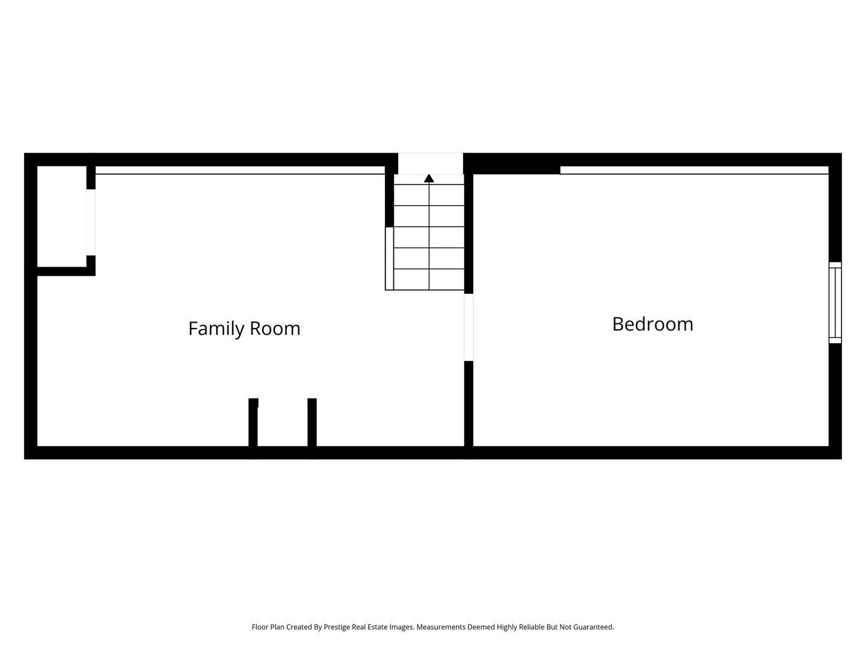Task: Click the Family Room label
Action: click(x=244, y=329)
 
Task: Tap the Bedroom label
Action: click(x=653, y=324)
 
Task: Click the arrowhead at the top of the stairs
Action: click(x=429, y=178)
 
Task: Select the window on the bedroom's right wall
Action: click(x=835, y=303)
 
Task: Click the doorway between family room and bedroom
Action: click(x=468, y=327)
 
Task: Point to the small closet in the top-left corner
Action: click(x=62, y=216)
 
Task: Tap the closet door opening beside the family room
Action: click(x=91, y=222)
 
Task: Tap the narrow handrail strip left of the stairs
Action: click(x=390, y=258)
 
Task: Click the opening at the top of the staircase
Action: click(x=431, y=163)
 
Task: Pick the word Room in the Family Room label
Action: click(x=275, y=329)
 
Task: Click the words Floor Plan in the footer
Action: click(x=268, y=627)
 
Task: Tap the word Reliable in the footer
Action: click(x=532, y=627)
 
